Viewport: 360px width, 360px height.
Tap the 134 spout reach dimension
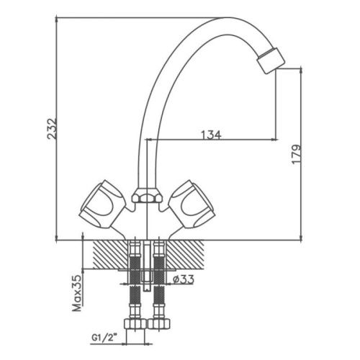point(210,133)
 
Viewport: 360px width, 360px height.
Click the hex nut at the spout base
point(145,197)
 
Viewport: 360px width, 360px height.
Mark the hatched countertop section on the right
point(189,253)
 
